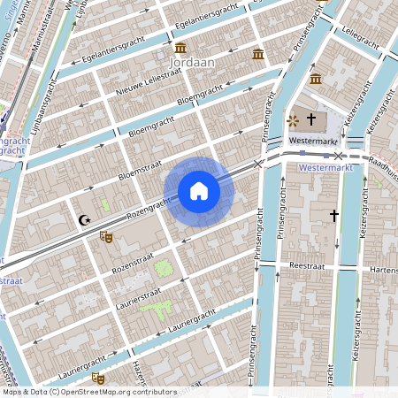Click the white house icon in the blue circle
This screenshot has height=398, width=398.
click(199, 191)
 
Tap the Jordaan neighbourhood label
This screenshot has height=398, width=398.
click(187, 64)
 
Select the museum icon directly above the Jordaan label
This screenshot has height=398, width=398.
click(180, 47)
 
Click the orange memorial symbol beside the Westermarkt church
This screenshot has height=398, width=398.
click(293, 119)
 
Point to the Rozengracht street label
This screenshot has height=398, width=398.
click(147, 208)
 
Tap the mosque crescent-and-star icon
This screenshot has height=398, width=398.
click(85, 220)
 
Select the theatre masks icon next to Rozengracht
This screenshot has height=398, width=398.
click(105, 236)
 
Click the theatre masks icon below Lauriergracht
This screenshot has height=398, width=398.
click(97, 379)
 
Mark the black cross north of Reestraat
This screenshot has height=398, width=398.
click(334, 215)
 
